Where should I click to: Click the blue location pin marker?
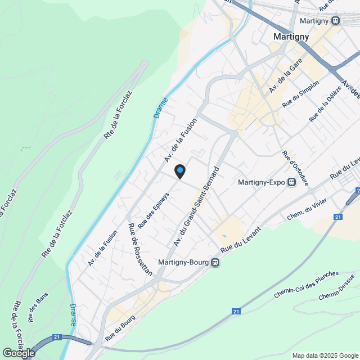point(179,170)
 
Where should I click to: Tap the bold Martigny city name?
point(291,36)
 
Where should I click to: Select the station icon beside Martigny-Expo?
point(292,182)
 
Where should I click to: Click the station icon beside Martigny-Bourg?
point(215,262)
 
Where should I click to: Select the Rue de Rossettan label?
point(141,249)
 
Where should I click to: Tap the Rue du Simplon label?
point(301,94)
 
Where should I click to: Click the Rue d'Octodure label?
point(296,168)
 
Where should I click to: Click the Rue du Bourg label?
point(120,326)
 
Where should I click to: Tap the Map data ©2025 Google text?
point(325,355)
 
